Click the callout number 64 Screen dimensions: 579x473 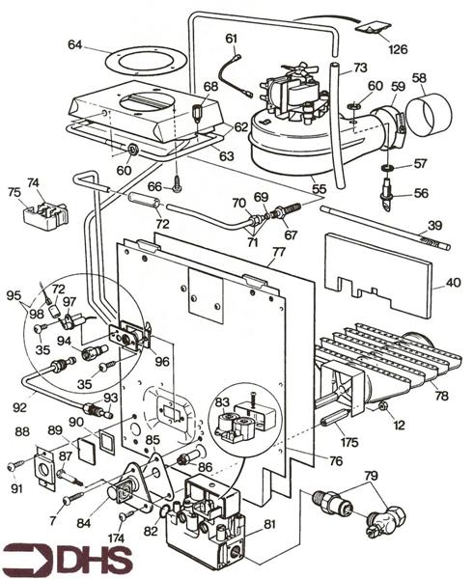click(75, 44)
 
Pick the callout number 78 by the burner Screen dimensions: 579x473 click(441, 396)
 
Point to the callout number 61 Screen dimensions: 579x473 click(231, 38)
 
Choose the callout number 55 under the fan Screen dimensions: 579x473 click(319, 179)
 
